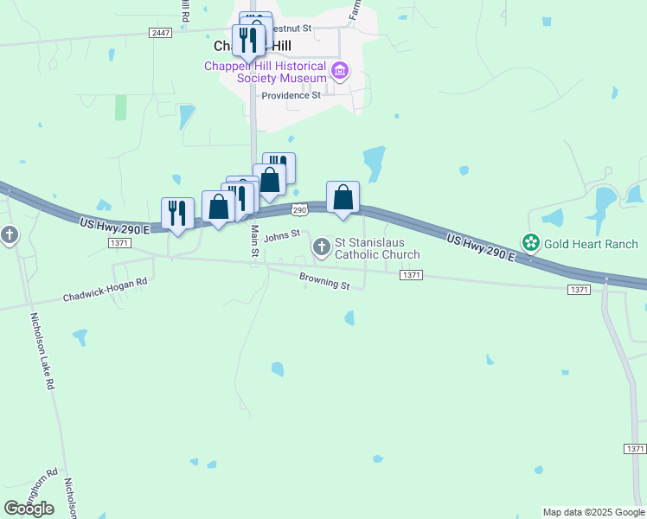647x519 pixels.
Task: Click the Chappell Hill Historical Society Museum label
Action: pyautogui.click(x=265, y=73)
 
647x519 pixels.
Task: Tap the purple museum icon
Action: pyautogui.click(x=340, y=70)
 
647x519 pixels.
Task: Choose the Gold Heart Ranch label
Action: pyautogui.click(x=591, y=244)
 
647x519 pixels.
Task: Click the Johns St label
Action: pyautogui.click(x=281, y=235)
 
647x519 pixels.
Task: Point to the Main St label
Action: pyautogui.click(x=255, y=241)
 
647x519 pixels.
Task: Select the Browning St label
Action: pyautogui.click(x=324, y=281)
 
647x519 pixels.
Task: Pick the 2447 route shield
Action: pyautogui.click(x=160, y=33)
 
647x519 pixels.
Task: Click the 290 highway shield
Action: pyautogui.click(x=299, y=210)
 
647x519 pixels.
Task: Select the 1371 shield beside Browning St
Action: pyautogui.click(x=412, y=275)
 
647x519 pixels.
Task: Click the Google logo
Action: pyautogui.click(x=29, y=508)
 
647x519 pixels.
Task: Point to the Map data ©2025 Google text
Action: pyautogui.click(x=593, y=512)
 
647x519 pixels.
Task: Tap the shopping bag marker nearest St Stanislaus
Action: pyautogui.click(x=343, y=198)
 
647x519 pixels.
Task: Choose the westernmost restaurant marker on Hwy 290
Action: pyautogui.click(x=177, y=214)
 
